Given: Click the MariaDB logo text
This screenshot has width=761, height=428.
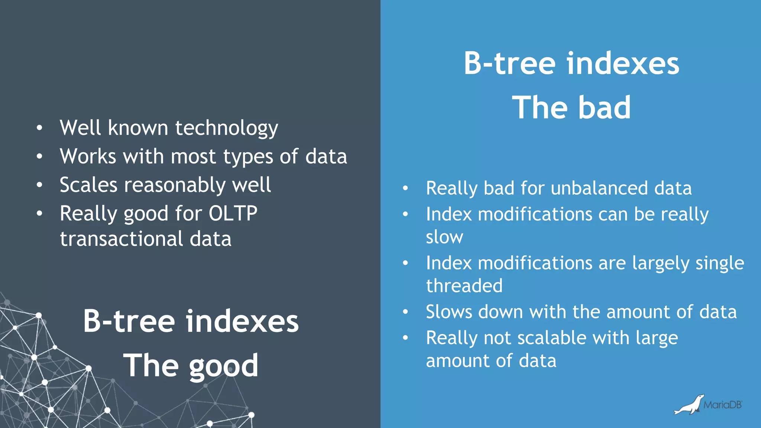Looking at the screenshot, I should click(722, 405).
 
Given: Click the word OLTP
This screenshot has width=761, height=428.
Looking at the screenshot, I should click(233, 213).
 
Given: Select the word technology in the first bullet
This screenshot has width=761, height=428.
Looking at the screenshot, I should click(226, 128).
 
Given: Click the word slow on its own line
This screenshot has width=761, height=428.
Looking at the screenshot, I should click(444, 237).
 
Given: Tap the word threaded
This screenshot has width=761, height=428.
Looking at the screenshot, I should click(464, 286).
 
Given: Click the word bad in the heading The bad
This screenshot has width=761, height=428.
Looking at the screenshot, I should click(604, 107).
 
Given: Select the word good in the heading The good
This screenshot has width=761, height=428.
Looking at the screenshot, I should click(223, 366).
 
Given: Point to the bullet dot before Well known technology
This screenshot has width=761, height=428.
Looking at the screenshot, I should click(39, 128).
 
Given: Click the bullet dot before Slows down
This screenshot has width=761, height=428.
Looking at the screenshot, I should click(405, 312).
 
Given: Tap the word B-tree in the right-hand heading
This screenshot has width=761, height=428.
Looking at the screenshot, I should click(509, 64).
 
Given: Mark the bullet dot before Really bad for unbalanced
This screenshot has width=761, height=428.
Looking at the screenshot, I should click(405, 188).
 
